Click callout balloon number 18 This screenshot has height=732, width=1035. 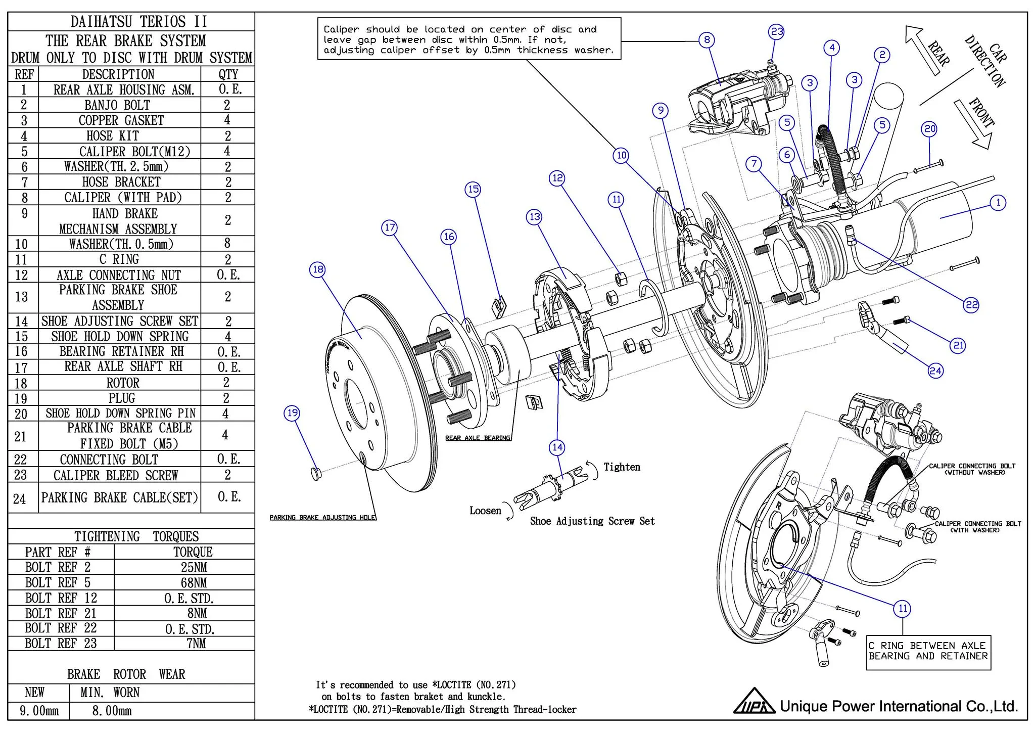(x=317, y=269)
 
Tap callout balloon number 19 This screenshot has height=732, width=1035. (x=293, y=413)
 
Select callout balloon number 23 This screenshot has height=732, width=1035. (x=777, y=32)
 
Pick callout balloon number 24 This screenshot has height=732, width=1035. (x=935, y=371)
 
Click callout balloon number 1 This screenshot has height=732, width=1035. (x=998, y=203)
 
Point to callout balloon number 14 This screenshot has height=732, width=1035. (x=557, y=447)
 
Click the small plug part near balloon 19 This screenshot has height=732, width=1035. (x=316, y=474)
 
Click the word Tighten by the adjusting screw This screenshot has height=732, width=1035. (x=622, y=467)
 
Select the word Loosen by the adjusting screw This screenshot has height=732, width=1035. (x=485, y=511)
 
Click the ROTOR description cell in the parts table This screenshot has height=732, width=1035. (x=123, y=383)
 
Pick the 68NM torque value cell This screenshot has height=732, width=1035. (x=194, y=582)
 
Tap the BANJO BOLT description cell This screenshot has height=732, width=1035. (x=117, y=105)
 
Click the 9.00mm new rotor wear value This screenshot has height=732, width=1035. (x=39, y=711)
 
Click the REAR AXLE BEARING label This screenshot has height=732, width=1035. (x=478, y=438)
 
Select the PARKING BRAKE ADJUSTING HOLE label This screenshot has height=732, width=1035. (x=322, y=517)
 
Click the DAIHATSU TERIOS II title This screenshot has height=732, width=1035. (x=138, y=22)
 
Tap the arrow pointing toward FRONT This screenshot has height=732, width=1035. (x=973, y=124)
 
